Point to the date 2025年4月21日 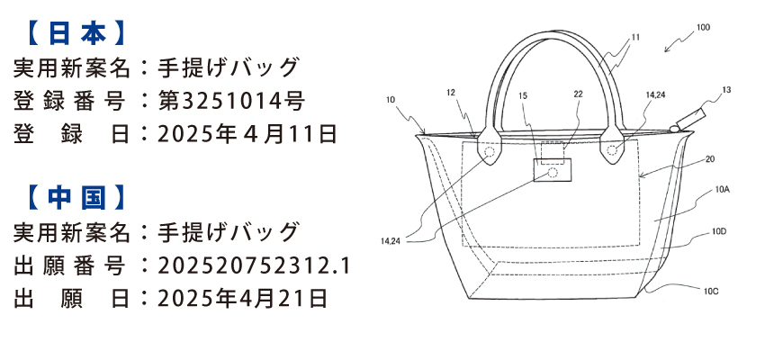click(x=241, y=298)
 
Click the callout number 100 click(x=703, y=28)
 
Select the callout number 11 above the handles click(x=635, y=37)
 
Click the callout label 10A click(x=722, y=190)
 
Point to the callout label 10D click(x=718, y=231)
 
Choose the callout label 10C click(x=711, y=290)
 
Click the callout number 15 click(x=524, y=94)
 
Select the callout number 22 click(x=578, y=94)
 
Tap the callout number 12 click(x=451, y=92)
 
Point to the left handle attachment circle click(x=490, y=152)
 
